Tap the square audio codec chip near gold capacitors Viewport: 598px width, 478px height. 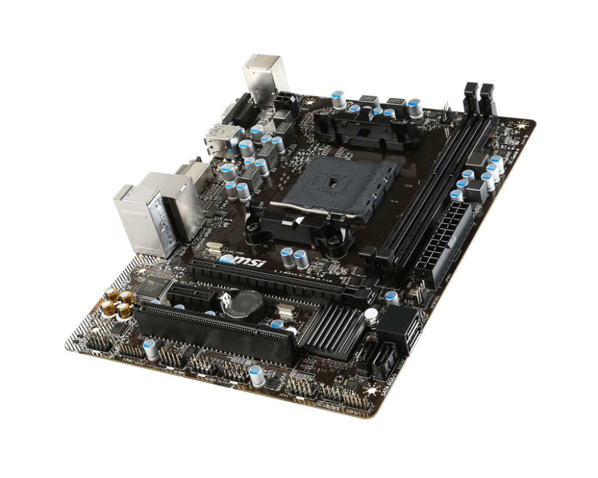(154, 287)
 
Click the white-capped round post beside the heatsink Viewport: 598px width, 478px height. (370, 316)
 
